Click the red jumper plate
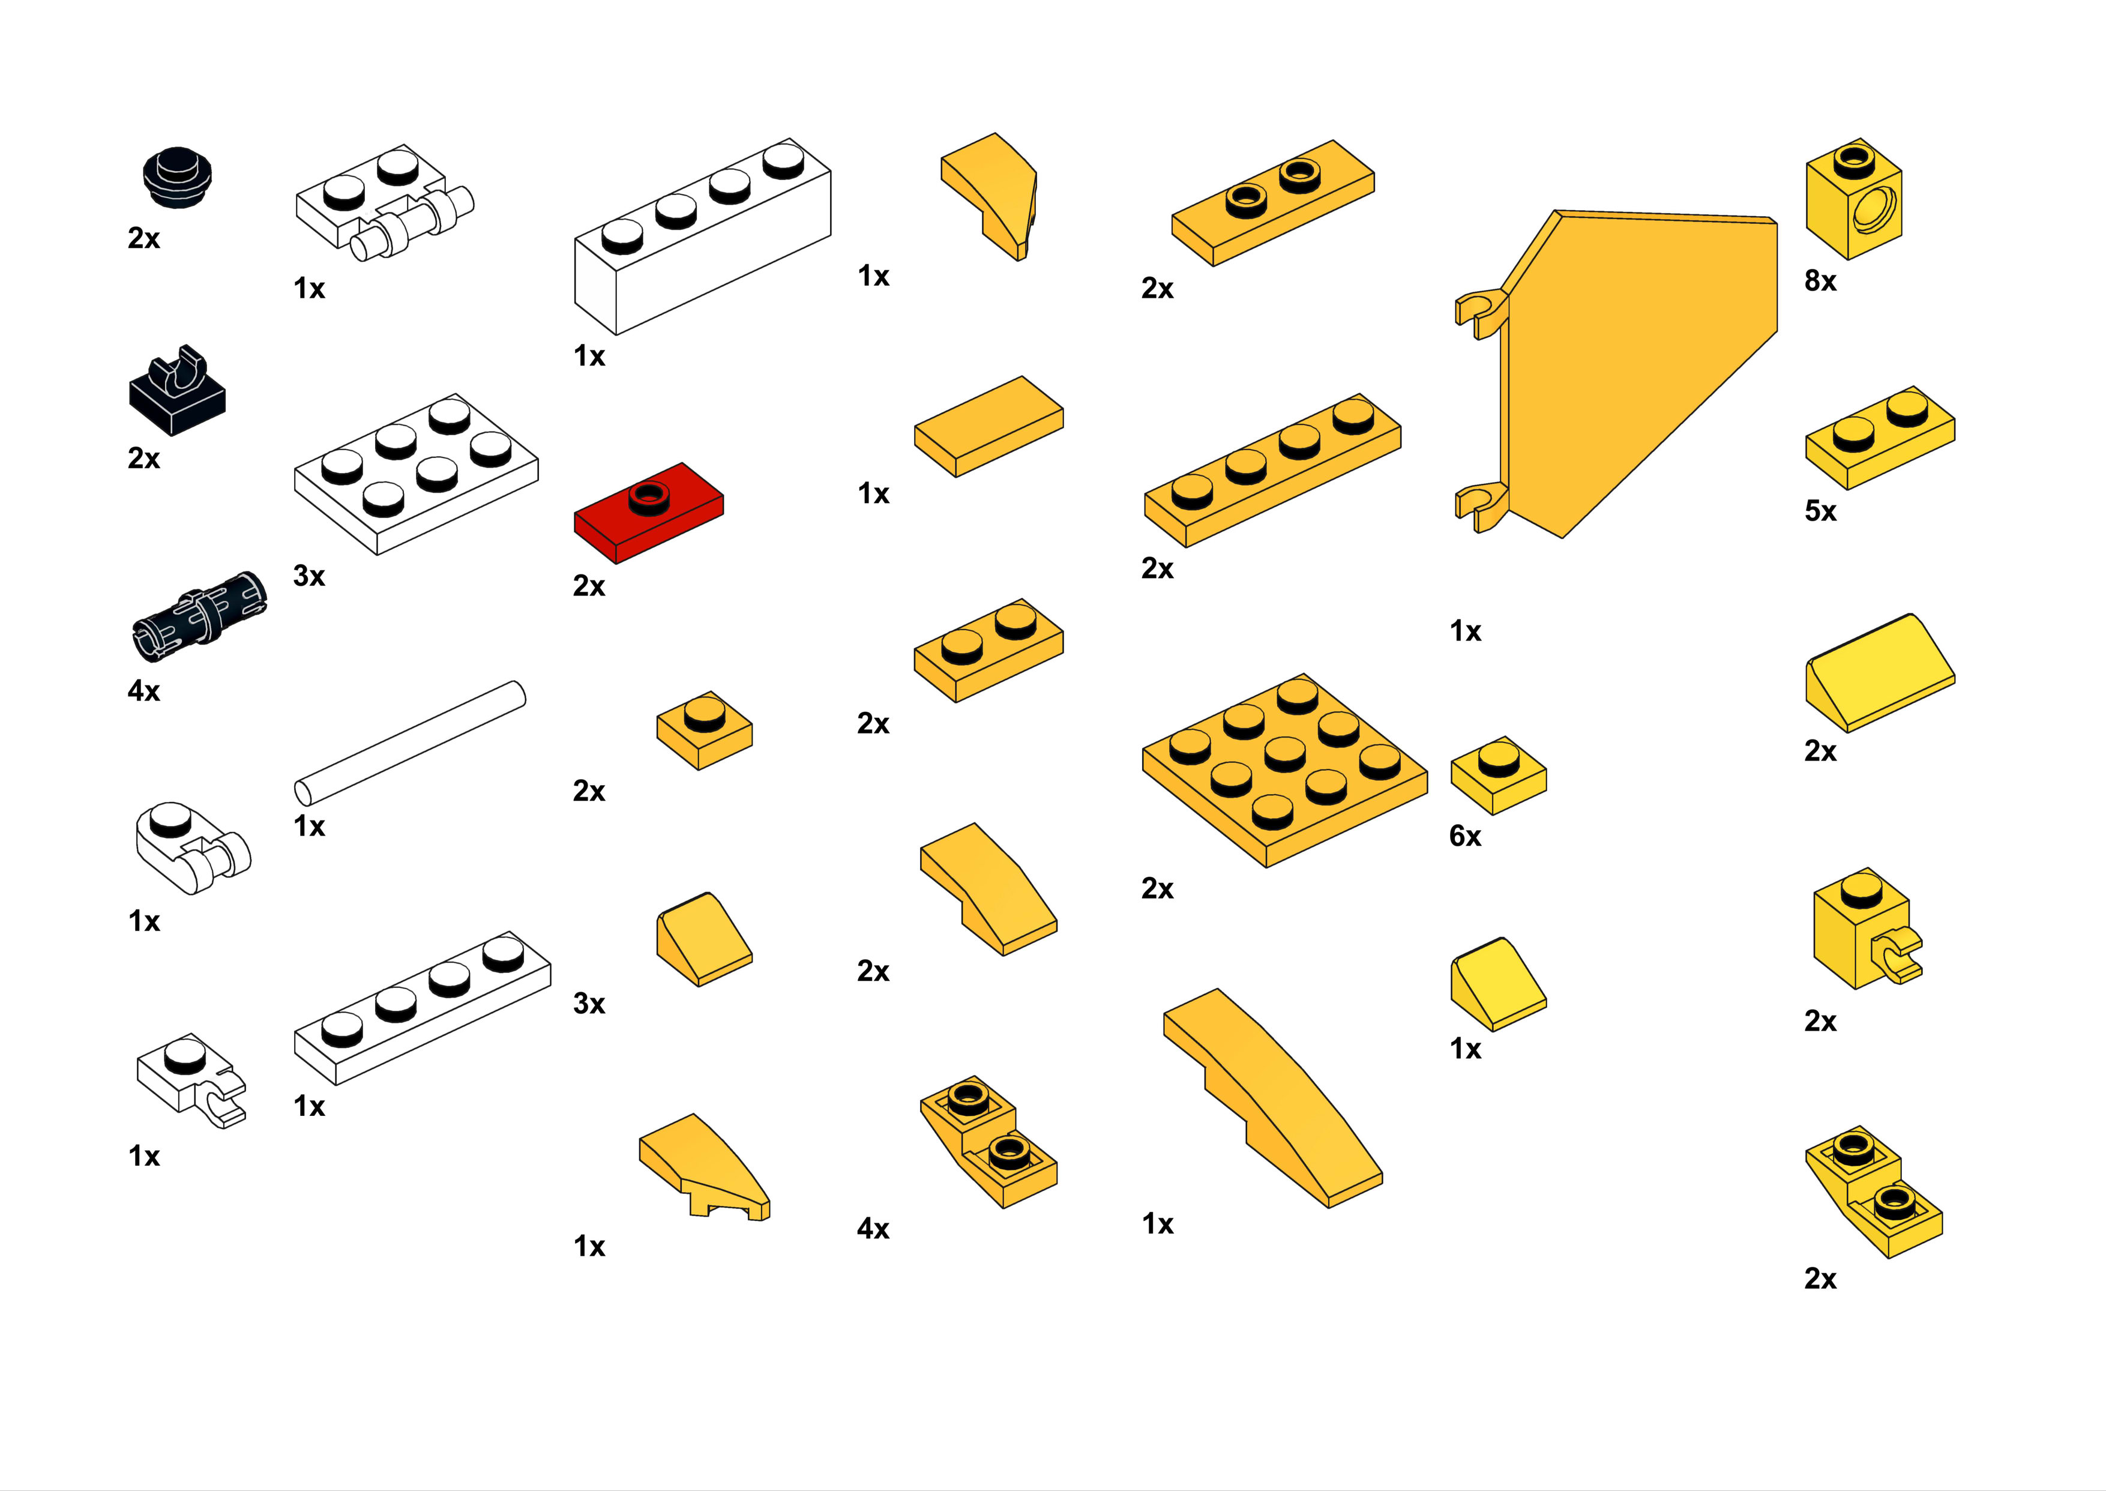(648, 512)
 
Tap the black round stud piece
(178, 176)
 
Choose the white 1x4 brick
(702, 236)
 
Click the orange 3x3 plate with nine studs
(1284, 770)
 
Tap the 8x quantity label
(1820, 281)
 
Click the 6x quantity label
(1465, 836)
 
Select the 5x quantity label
(1820, 511)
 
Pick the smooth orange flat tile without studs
(988, 426)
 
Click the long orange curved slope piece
(1272, 1097)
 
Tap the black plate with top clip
(177, 390)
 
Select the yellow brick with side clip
(1867, 928)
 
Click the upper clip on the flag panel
(1481, 312)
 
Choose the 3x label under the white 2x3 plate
(309, 577)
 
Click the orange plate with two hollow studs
(1272, 203)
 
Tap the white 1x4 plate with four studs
(423, 1008)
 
